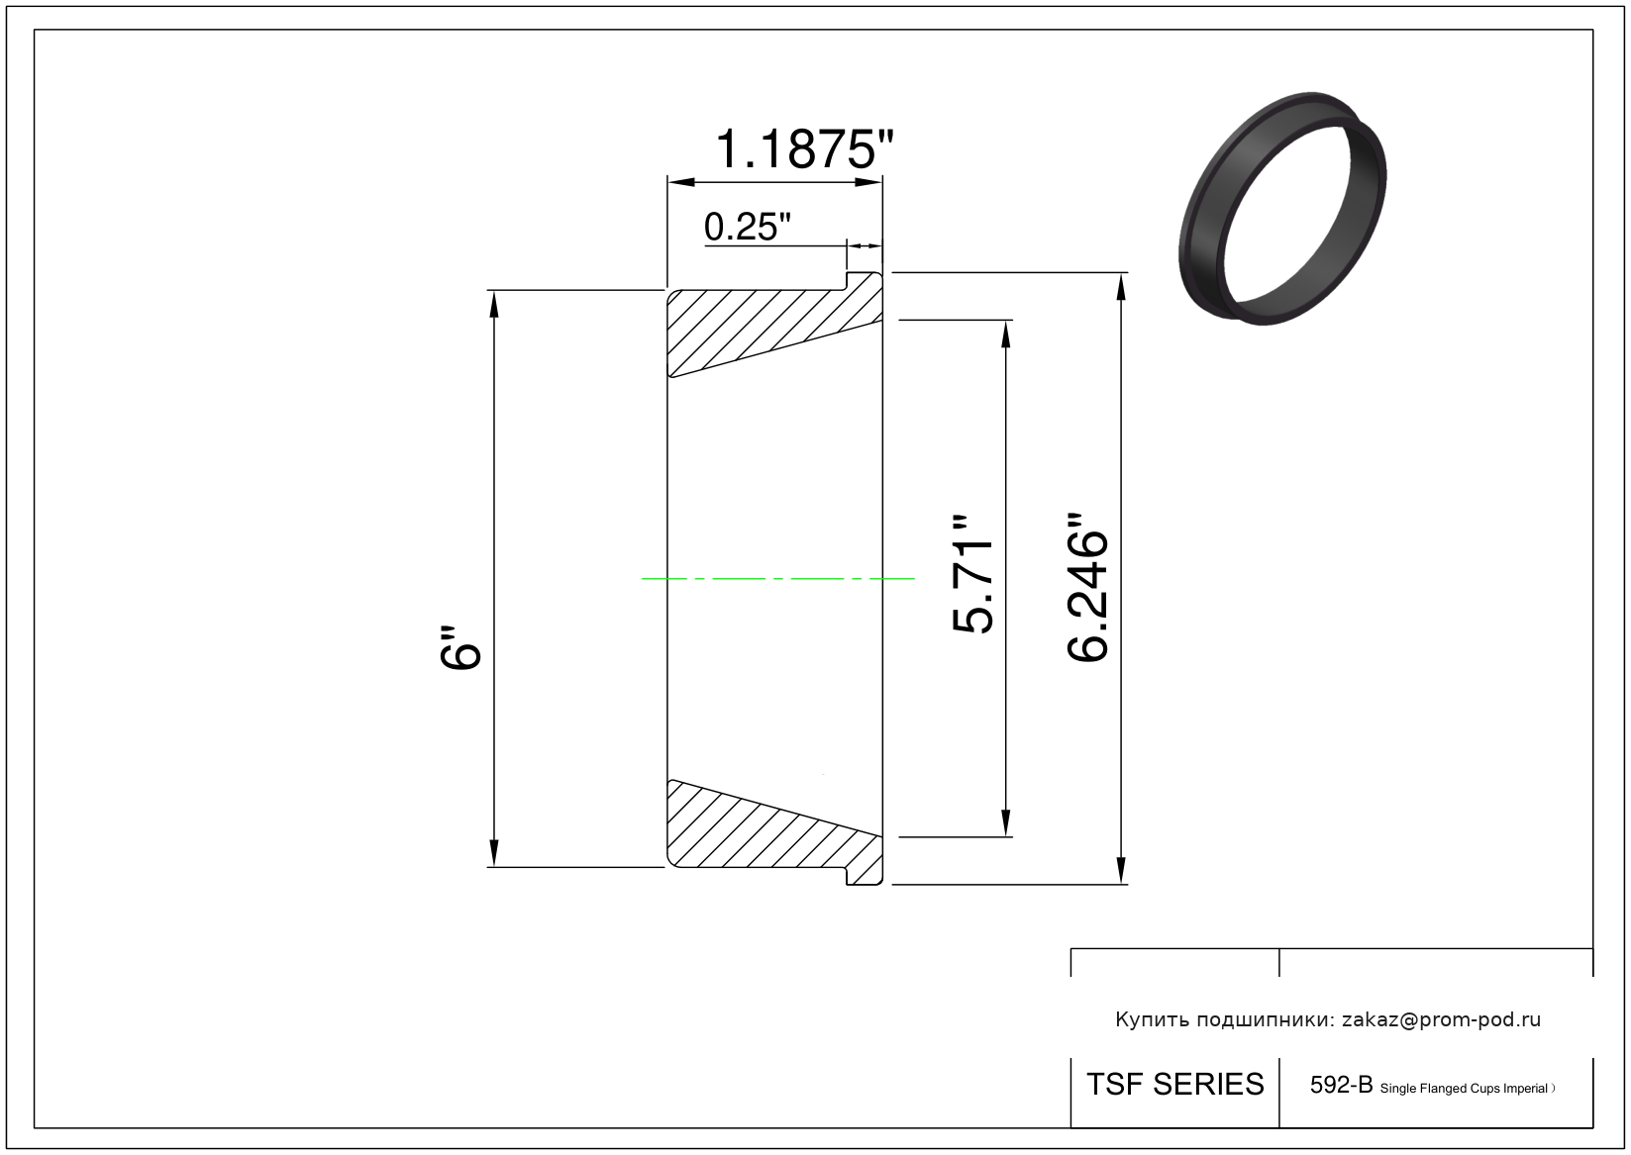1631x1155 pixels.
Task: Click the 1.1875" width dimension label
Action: click(x=804, y=149)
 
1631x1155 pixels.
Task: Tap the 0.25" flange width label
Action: click(x=747, y=227)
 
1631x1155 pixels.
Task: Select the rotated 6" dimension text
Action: click(x=460, y=647)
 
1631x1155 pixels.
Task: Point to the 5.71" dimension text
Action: click(x=972, y=575)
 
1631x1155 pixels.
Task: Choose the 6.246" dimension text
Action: click(x=1087, y=587)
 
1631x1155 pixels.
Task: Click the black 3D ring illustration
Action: click(x=1282, y=208)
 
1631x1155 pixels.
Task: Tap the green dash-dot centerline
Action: click(x=777, y=579)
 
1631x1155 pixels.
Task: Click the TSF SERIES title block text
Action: click(x=1175, y=1085)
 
